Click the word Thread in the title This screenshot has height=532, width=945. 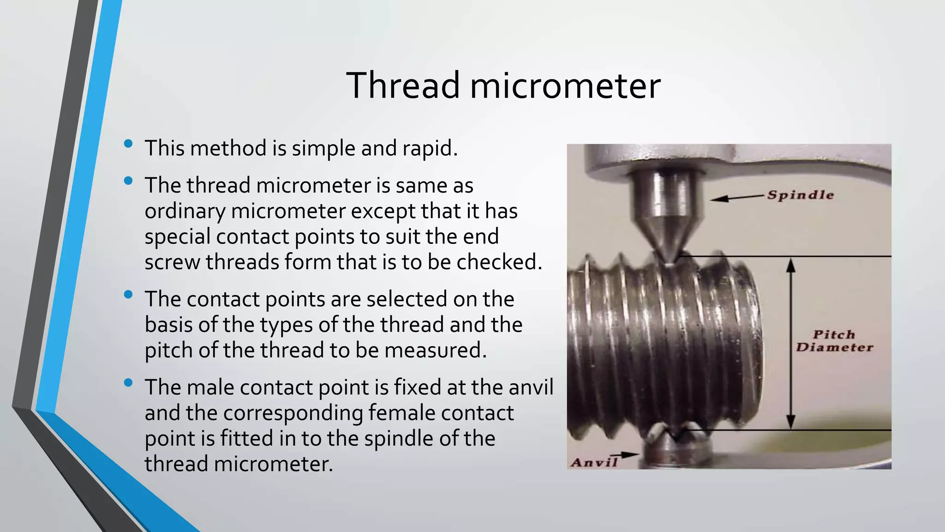point(403,85)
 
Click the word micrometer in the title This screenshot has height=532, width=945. point(565,85)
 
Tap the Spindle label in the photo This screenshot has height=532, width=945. point(801,195)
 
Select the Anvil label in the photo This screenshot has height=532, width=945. point(594,462)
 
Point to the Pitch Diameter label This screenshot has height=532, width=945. point(834,341)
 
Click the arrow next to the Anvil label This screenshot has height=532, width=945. point(628,455)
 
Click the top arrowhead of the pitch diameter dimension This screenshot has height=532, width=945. point(791,265)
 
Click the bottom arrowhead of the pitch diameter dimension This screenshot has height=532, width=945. point(791,422)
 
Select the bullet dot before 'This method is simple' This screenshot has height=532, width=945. point(128,144)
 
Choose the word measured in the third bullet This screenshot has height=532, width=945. point(435,350)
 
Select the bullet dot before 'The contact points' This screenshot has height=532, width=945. point(128,294)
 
